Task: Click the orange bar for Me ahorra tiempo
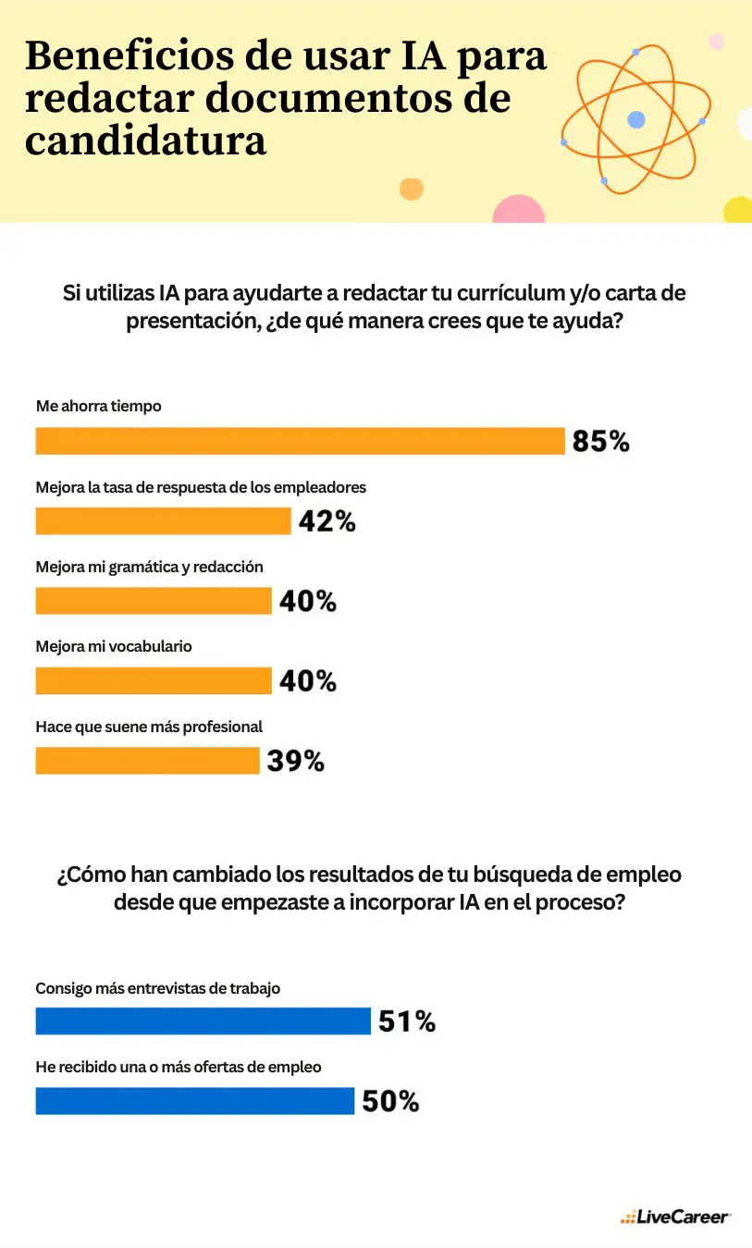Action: pos(300,441)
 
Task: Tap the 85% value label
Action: pos(600,442)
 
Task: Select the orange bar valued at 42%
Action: pos(163,521)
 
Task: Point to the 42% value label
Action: pos(327,521)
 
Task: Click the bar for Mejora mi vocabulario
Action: pos(154,681)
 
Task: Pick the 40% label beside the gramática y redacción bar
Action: pos(307,602)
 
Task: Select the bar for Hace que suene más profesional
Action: pos(147,761)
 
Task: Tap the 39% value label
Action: pos(295,762)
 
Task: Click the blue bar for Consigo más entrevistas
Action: pos(203,1022)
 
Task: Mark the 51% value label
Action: pos(406,1022)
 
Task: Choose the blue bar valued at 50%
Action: pos(194,1101)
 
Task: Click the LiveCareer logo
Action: pos(675,1217)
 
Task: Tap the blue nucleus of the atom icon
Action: pos(636,119)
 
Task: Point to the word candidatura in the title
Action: pos(145,142)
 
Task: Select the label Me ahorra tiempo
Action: pos(98,406)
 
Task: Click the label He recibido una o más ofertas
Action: pos(178,1067)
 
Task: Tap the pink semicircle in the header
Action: pos(518,210)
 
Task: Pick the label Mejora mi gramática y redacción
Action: pos(149,567)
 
